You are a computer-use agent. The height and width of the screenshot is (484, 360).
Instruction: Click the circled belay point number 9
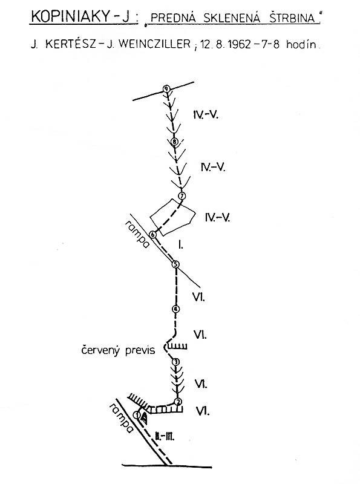[167, 89]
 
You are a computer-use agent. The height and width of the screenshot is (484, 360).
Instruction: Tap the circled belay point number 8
[175, 142]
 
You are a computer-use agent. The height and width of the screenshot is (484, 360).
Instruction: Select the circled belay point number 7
[182, 196]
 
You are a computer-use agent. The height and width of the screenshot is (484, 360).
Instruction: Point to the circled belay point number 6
[153, 235]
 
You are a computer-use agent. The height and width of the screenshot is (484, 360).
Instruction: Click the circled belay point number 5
[175, 264]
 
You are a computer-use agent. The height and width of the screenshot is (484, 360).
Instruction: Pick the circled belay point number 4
[175, 309]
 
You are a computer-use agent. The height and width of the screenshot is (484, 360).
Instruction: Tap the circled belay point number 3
[175, 362]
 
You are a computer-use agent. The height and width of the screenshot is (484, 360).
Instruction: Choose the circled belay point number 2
[178, 402]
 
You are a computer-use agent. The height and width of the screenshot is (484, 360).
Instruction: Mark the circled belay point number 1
[137, 415]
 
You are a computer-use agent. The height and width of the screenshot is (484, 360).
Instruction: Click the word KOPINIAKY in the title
[70, 17]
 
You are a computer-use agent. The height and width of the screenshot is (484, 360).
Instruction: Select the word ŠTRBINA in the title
[292, 18]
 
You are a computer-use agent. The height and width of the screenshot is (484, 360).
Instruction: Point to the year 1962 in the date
[238, 44]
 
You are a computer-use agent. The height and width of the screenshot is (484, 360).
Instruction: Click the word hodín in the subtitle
[301, 44]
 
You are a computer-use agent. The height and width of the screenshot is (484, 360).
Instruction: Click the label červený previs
[118, 350]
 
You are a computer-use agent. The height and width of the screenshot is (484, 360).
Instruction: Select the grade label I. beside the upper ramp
[181, 245]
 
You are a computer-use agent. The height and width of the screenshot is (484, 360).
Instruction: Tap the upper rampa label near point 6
[137, 234]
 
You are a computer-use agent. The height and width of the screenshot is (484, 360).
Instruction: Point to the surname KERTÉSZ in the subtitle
[71, 44]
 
